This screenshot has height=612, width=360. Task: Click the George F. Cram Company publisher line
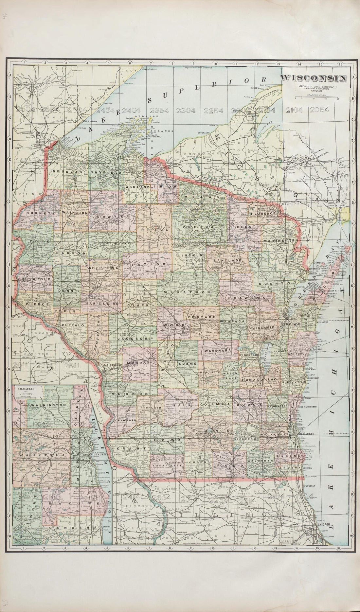point(314,86)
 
